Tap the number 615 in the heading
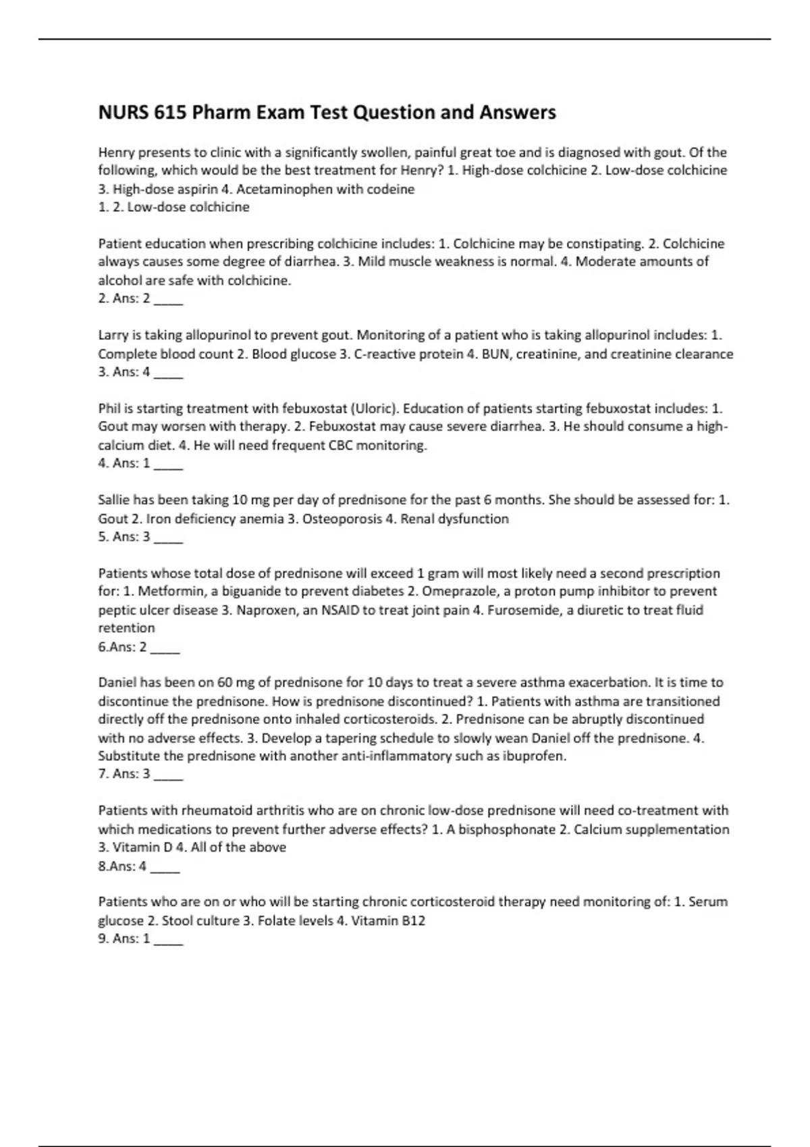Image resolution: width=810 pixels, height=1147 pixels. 170,112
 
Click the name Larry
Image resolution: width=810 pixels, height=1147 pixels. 114,335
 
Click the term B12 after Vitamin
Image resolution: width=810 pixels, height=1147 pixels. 413,921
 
